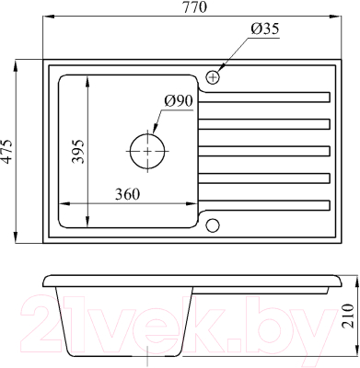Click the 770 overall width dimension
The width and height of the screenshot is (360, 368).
195,7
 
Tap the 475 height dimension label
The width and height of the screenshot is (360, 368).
7,152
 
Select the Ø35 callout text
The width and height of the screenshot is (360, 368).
264,29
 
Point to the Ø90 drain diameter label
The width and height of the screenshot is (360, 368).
178,101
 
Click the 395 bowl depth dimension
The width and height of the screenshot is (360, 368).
77,152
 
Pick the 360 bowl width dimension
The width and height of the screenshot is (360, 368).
127,194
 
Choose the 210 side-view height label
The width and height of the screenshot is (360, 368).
348,316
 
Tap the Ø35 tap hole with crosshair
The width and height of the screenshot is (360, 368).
213,77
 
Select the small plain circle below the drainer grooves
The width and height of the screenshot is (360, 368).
213,225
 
